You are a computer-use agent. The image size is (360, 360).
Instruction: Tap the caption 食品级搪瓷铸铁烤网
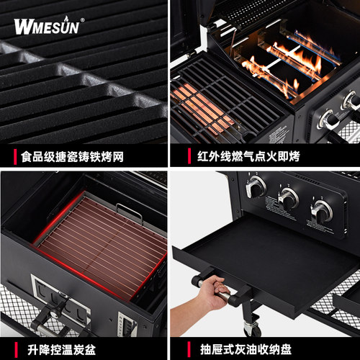click(72, 157)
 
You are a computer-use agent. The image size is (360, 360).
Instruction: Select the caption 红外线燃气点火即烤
click(248, 156)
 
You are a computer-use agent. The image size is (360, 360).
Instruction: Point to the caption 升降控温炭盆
click(61, 350)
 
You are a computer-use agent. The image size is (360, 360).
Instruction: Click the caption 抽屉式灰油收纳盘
click(246, 349)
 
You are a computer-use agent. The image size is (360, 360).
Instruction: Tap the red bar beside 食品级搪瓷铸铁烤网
click(15, 157)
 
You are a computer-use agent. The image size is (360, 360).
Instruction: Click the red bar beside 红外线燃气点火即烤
click(189, 156)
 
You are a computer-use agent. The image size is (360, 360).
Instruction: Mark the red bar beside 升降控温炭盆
click(16, 350)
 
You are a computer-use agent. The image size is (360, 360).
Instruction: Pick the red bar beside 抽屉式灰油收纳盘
click(189, 349)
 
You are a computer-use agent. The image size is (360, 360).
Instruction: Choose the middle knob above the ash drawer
click(288, 198)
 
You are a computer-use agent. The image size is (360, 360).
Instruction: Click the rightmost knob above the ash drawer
click(322, 210)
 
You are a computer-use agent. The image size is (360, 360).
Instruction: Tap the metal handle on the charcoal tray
click(129, 212)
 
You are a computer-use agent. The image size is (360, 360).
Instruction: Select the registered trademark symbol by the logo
click(82, 20)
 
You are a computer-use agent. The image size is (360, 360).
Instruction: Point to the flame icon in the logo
click(66, 19)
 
